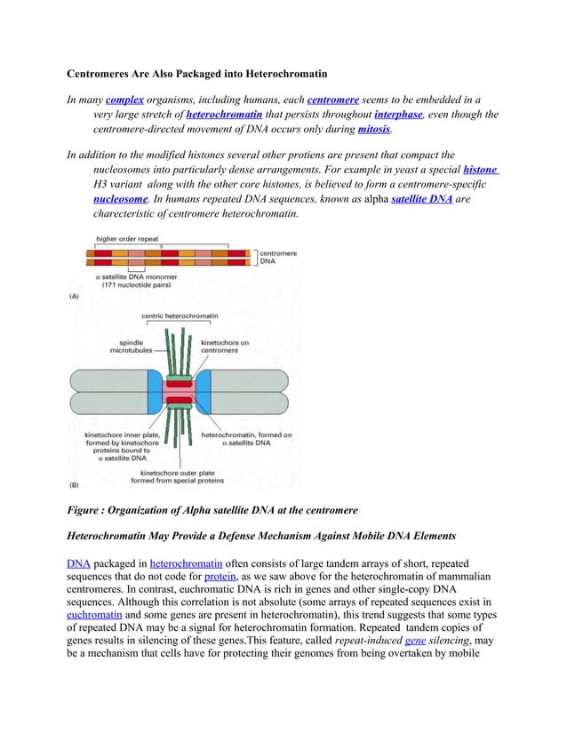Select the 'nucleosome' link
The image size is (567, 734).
121,199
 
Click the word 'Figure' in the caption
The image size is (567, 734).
88,510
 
